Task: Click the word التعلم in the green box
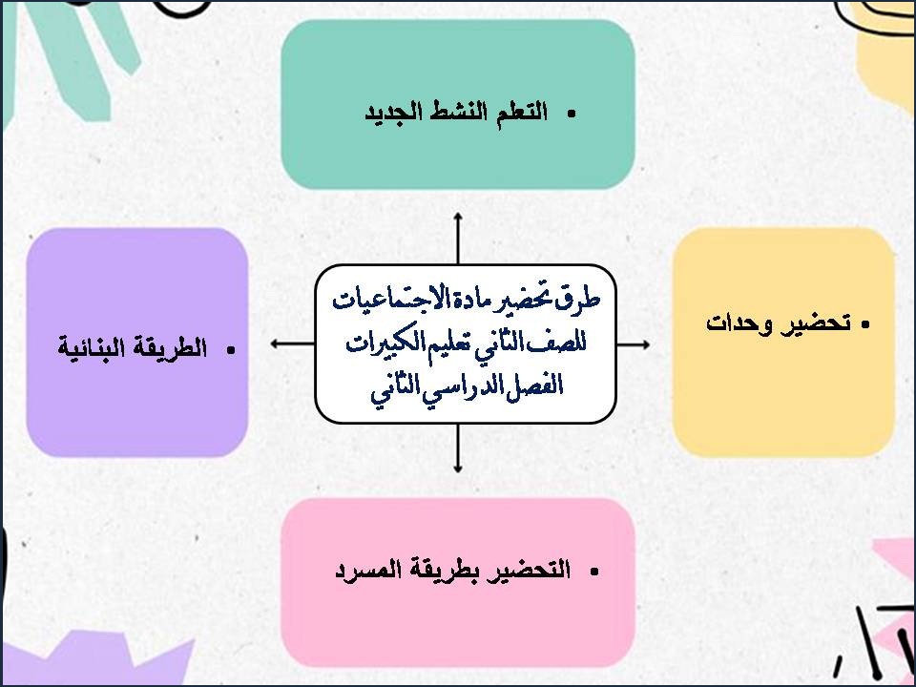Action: [519, 112]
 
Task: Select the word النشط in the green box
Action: [457, 112]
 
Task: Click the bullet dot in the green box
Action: [572, 114]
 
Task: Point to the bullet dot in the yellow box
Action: [865, 324]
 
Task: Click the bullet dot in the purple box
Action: [230, 350]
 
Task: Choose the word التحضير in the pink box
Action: [531, 571]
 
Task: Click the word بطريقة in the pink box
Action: [449, 571]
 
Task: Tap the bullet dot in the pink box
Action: [593, 572]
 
